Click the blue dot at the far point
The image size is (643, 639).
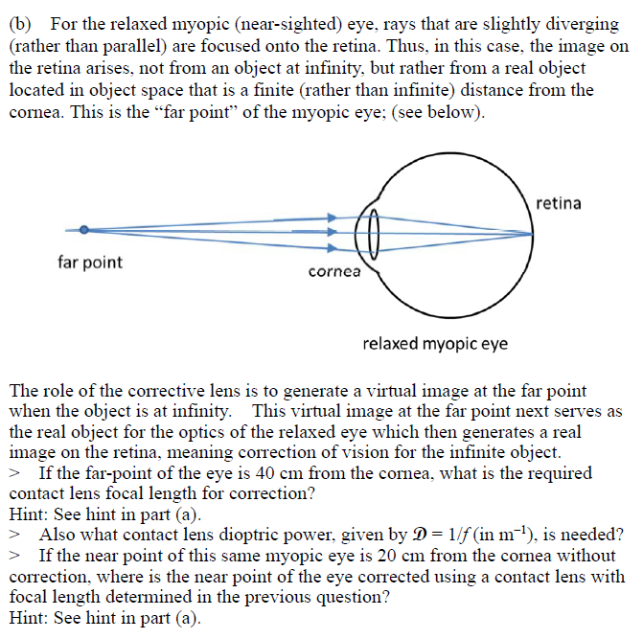pos(84,230)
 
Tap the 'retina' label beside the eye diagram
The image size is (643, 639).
pos(559,203)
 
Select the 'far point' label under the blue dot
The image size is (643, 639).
pos(90,262)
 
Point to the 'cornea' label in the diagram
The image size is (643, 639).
pos(334,271)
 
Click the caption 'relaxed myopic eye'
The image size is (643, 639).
pos(435,343)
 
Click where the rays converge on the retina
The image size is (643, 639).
pos(533,233)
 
